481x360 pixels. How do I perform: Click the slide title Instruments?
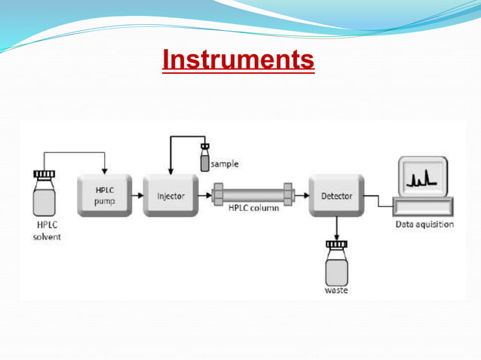238,59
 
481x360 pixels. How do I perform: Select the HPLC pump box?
105,195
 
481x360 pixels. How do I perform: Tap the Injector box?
170,196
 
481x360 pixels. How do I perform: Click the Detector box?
336,196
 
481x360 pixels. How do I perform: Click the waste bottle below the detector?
336,266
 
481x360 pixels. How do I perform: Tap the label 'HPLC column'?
254,209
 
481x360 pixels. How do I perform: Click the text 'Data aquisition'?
424,224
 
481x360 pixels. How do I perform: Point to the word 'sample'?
225,163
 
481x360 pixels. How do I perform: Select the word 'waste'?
336,290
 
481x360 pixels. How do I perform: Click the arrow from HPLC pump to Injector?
136,195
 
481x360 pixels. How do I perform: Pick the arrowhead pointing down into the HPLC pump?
104,169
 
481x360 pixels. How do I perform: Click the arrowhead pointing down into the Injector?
171,169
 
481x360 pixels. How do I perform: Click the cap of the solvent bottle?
44,175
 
